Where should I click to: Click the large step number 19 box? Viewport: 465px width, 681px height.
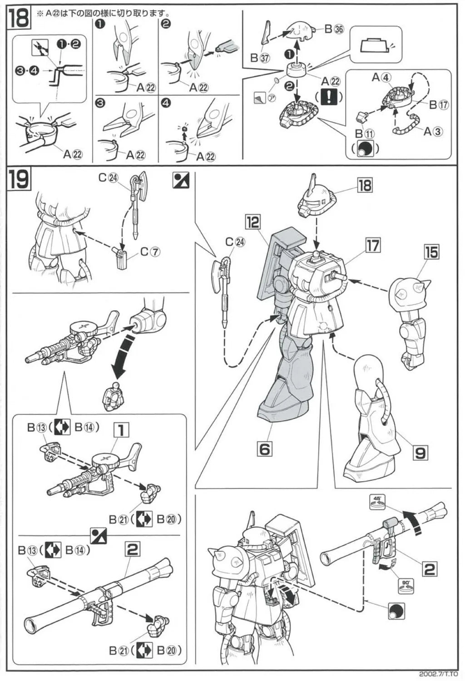pyautogui.click(x=19, y=178)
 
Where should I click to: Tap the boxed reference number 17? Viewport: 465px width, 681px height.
pyautogui.click(x=373, y=246)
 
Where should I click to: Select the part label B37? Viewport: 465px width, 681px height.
pyautogui.click(x=261, y=58)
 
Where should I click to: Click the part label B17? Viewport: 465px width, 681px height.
pyautogui.click(x=438, y=104)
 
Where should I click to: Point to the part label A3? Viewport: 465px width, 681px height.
pyautogui.click(x=433, y=132)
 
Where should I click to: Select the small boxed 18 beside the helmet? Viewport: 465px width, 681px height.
pyautogui.click(x=364, y=185)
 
